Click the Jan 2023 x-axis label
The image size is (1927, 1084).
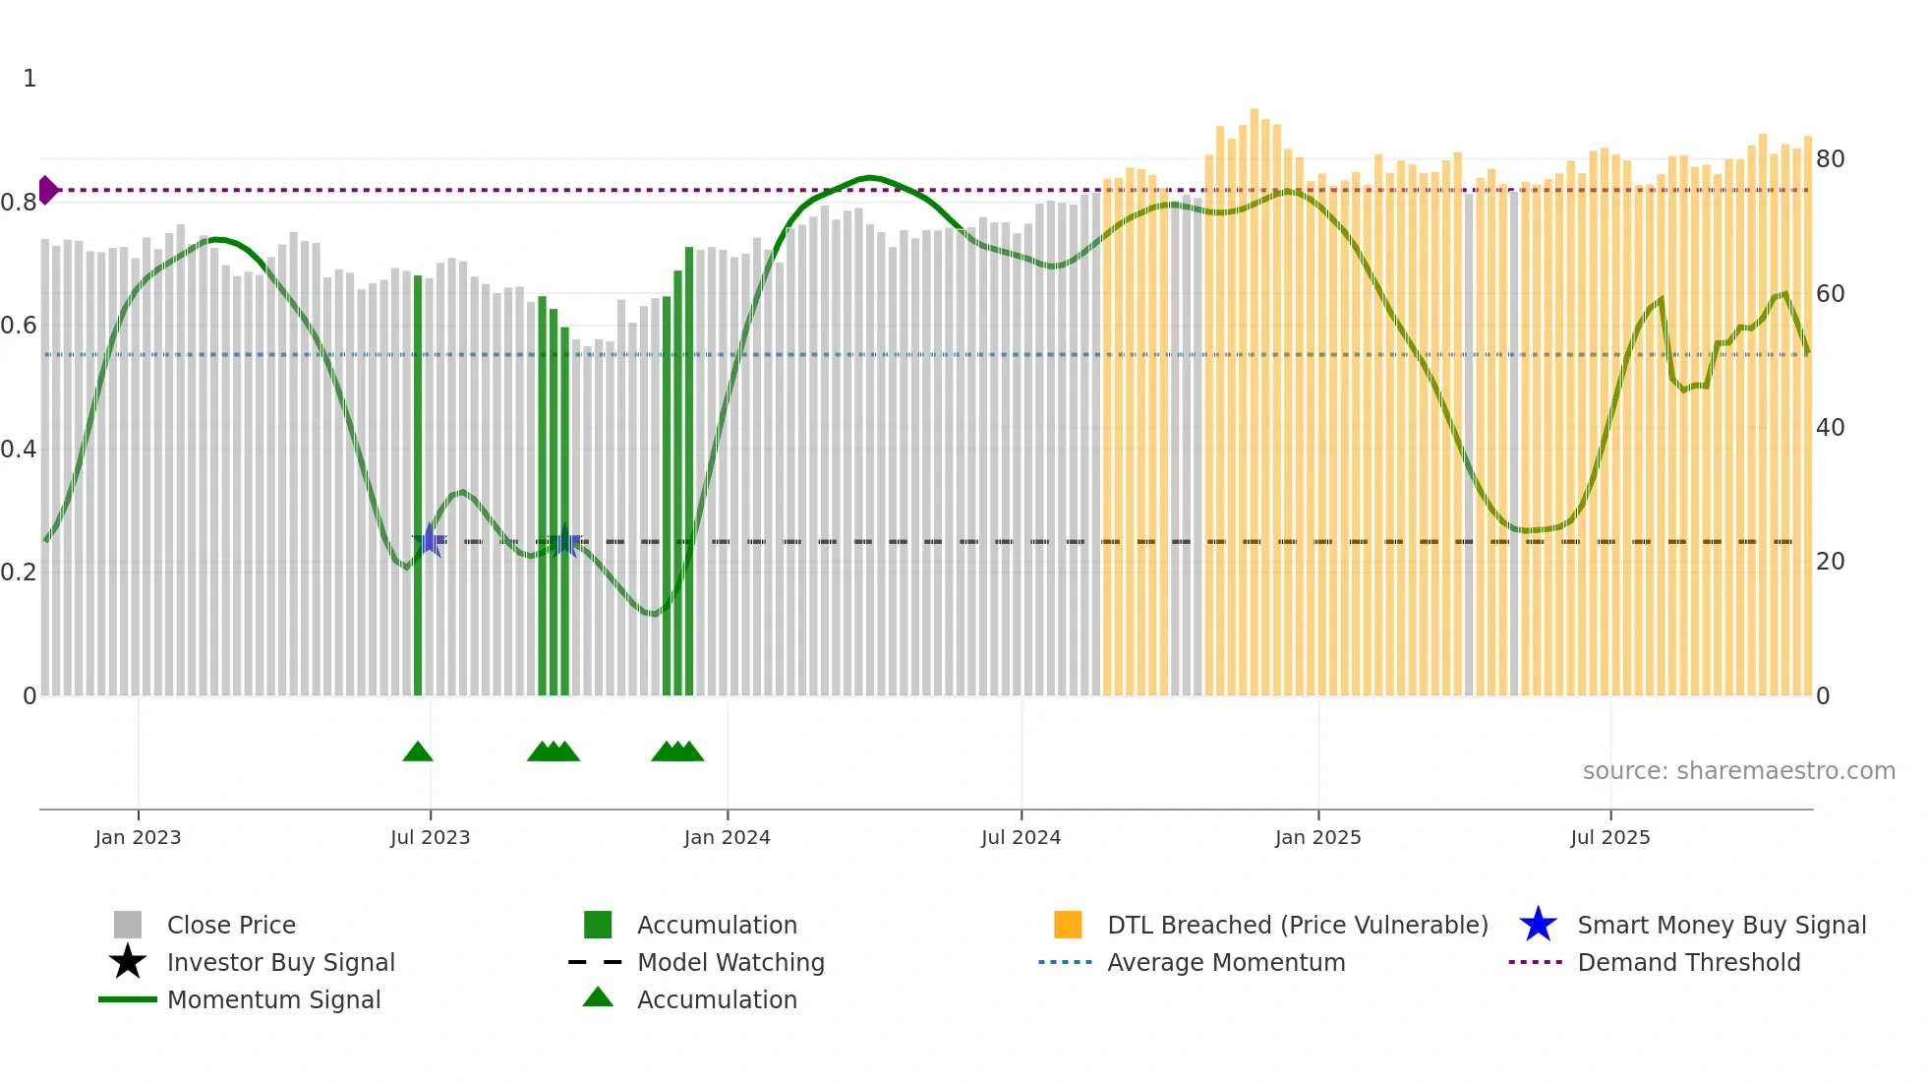(x=138, y=837)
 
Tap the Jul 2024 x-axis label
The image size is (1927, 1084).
(x=1021, y=837)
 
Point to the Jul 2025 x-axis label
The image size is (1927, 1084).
(x=1609, y=837)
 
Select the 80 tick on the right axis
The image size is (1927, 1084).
(x=1830, y=159)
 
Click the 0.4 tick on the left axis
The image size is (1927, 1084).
(x=19, y=450)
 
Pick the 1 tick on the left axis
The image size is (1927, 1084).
(x=29, y=79)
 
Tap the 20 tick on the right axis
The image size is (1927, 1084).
(x=1830, y=562)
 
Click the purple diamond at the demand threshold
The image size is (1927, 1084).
(x=47, y=190)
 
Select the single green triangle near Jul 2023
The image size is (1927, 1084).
(x=418, y=753)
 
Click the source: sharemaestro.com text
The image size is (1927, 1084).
(x=1738, y=771)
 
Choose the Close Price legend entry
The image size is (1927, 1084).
(x=231, y=925)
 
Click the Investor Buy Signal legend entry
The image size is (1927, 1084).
(x=280, y=962)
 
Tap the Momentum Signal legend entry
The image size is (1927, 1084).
(x=273, y=999)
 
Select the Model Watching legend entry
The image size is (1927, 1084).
(x=730, y=962)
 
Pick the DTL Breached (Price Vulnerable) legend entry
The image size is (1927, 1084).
(x=1297, y=925)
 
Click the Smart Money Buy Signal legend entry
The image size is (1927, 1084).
(x=1722, y=925)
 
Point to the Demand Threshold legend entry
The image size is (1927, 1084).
(x=1688, y=962)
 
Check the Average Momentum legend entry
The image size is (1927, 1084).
(x=1226, y=962)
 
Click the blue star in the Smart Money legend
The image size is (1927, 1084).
(x=1538, y=925)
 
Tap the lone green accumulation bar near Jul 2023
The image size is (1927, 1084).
(x=418, y=492)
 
